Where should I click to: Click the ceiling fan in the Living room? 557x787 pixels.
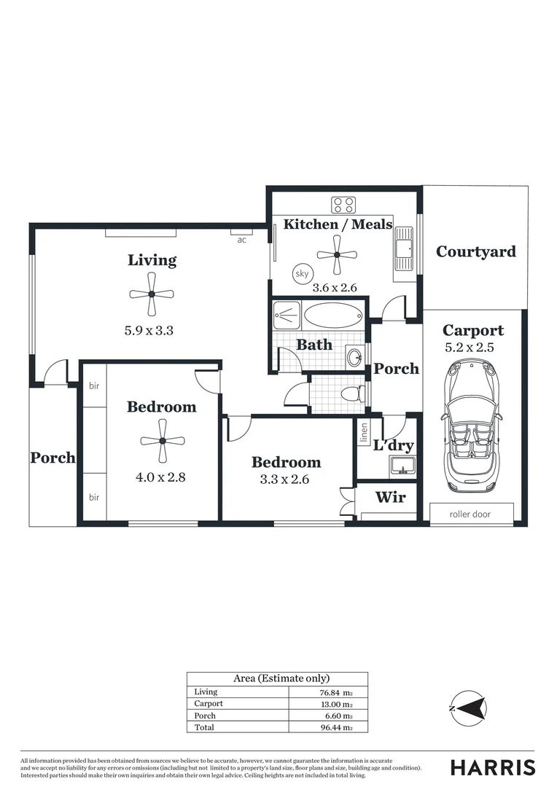click(152, 294)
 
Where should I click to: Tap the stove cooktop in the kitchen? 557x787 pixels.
click(343, 205)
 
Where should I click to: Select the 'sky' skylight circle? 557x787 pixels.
click(301, 274)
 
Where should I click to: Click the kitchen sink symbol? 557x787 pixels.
click(403, 251)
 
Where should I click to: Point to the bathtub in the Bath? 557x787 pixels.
click(332, 317)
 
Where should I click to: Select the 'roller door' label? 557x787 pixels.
click(471, 514)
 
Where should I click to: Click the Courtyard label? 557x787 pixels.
click(475, 251)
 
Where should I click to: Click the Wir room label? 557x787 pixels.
click(390, 498)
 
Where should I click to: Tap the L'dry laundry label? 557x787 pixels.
click(393, 445)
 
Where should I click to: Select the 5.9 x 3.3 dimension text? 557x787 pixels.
click(149, 330)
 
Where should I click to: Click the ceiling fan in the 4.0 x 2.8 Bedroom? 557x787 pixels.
click(162, 441)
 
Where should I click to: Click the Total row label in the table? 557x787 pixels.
click(204, 727)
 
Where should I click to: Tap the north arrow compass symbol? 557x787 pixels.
click(468, 708)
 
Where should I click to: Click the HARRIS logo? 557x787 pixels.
click(492, 767)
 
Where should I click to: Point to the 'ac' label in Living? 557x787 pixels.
click(241, 239)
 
